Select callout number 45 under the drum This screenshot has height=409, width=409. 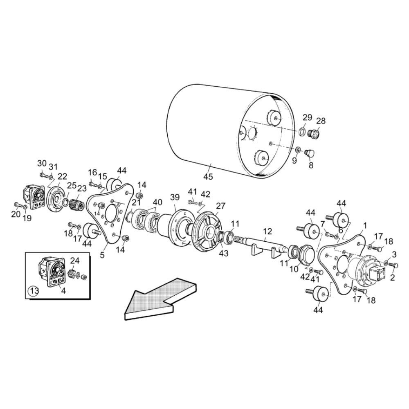[x=208, y=177]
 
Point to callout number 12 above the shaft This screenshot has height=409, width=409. [x=267, y=231]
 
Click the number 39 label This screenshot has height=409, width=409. [x=175, y=198]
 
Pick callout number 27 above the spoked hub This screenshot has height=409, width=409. [x=220, y=206]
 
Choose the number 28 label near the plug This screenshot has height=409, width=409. [x=321, y=121]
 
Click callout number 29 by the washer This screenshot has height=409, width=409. [x=307, y=117]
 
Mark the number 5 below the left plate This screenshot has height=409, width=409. [x=102, y=255]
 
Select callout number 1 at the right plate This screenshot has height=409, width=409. [x=365, y=226]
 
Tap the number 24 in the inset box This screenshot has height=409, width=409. [x=75, y=261]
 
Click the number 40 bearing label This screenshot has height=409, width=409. [x=157, y=202]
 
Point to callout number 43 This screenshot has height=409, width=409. [x=224, y=253]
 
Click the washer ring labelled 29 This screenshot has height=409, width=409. [x=302, y=131]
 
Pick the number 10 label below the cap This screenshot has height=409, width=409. [x=294, y=269]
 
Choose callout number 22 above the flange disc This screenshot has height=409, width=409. [x=62, y=177]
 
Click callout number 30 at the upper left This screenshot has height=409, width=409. [x=42, y=164]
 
